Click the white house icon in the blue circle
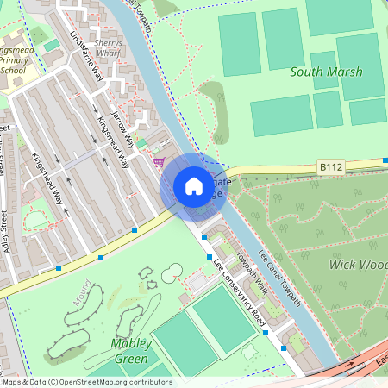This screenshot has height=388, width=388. tap(194, 186)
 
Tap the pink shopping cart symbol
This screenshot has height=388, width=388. tap(159, 161)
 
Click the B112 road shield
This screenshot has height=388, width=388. tap(330, 165)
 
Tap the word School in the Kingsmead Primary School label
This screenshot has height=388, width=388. tap(13, 71)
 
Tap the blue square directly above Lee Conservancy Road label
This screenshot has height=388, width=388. tap(209, 256)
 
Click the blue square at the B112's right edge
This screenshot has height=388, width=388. tap(385, 160)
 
